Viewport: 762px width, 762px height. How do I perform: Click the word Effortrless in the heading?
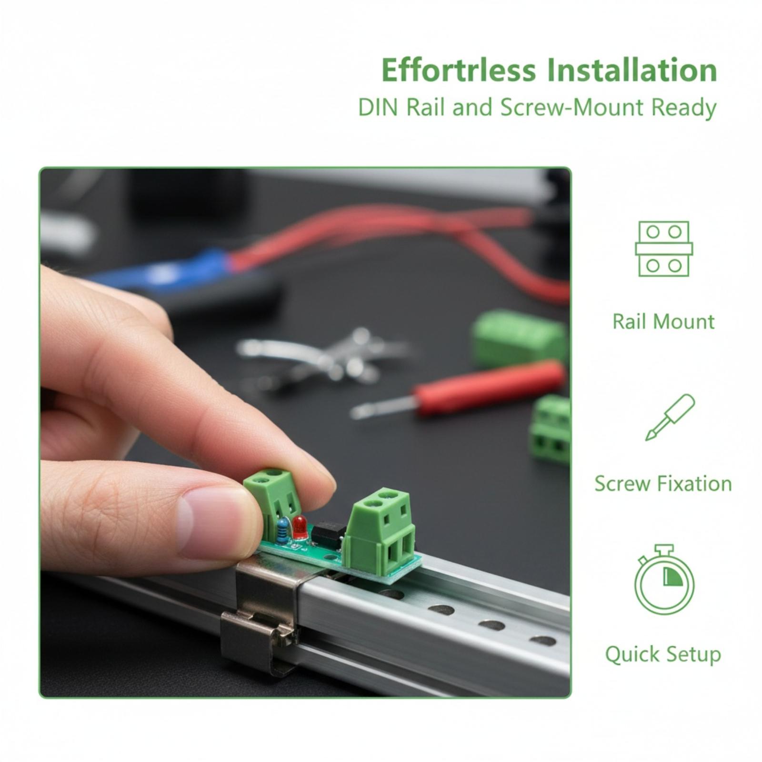tap(459, 70)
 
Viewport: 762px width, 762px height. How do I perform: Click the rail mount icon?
tap(664, 249)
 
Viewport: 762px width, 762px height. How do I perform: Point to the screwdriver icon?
tap(670, 417)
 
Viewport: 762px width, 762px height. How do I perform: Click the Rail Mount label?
tap(663, 322)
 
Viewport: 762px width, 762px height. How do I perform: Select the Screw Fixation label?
tap(663, 484)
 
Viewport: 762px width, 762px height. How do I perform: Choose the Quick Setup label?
tap(663, 655)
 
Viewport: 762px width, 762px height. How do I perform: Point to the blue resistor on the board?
tap(283, 530)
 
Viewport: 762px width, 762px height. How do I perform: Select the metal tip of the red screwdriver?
tap(383, 408)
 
